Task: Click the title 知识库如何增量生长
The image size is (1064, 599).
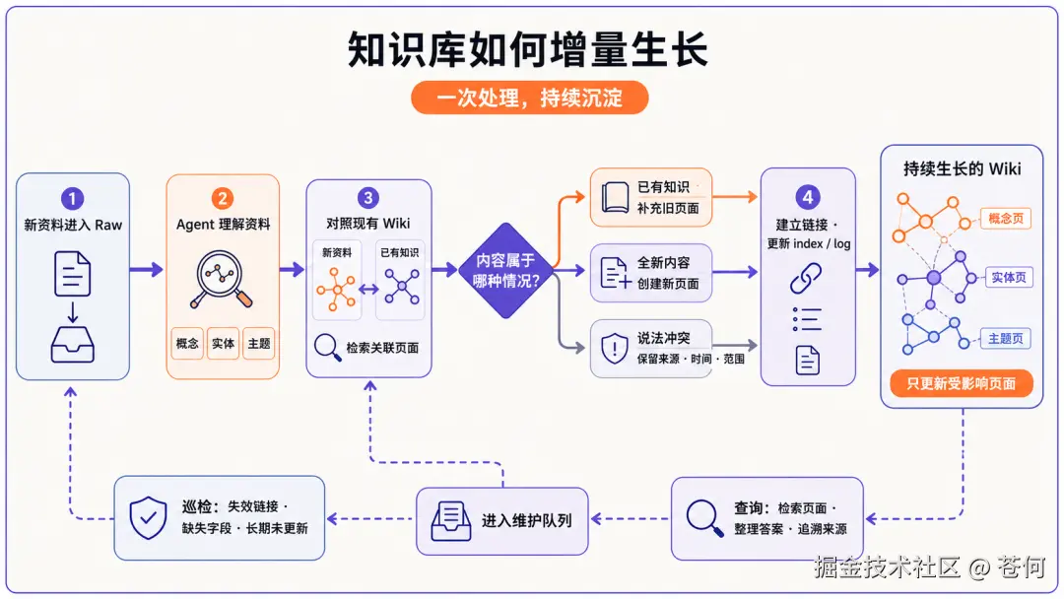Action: (x=528, y=49)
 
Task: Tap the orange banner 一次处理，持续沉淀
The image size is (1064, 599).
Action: (x=529, y=98)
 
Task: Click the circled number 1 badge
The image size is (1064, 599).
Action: (x=73, y=199)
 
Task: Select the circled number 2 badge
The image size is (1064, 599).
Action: (x=223, y=198)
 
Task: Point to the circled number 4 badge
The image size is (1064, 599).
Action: (x=808, y=197)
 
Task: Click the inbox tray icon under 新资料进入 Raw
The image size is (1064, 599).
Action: (x=73, y=345)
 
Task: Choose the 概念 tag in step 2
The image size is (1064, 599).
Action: (x=187, y=343)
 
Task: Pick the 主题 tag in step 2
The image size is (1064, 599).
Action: (x=258, y=343)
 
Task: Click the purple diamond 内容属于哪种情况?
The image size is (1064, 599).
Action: (x=505, y=271)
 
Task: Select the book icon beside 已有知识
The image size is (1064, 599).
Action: (x=615, y=197)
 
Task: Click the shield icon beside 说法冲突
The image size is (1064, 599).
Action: (x=614, y=348)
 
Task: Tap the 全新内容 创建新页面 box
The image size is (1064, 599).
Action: (x=651, y=273)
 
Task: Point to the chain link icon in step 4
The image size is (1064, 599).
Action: (x=806, y=278)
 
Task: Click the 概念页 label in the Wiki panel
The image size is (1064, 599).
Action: (x=1006, y=219)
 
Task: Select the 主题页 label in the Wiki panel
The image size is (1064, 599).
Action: (x=1006, y=339)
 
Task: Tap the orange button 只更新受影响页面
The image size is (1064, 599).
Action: (x=962, y=383)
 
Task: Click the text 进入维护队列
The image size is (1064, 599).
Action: (x=526, y=521)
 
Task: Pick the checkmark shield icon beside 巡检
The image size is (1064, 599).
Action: (x=148, y=517)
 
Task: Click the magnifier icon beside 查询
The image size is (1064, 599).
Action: (x=704, y=518)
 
